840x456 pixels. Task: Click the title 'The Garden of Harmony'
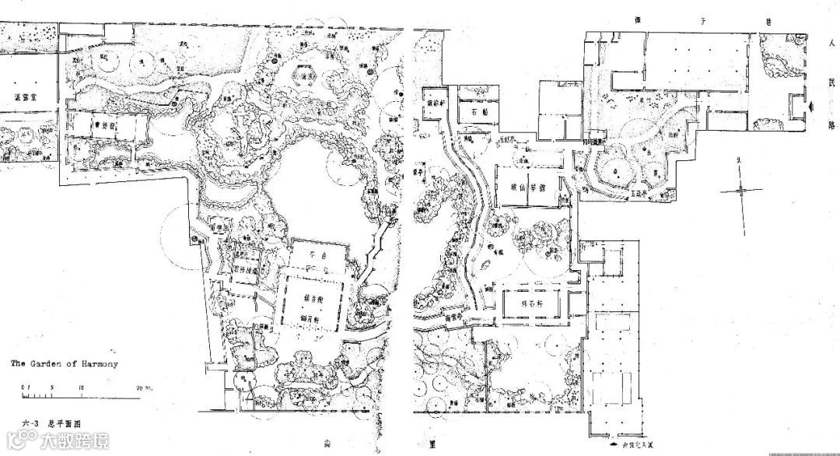[63, 363]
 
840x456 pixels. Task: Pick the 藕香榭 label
[310, 299]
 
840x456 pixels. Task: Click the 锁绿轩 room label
[435, 103]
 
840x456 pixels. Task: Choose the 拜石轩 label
[534, 303]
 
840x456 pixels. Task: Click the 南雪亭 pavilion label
[453, 317]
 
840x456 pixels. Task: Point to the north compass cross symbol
[743, 187]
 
